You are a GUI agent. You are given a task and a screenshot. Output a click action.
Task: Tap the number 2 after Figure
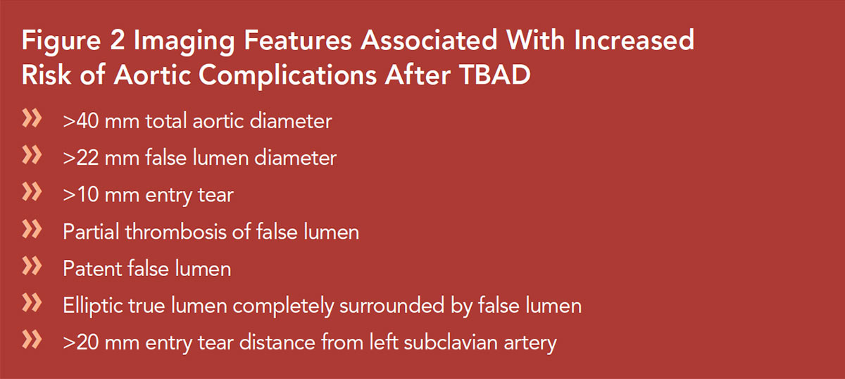pos(118,40)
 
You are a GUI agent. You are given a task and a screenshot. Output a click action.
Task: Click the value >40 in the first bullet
pos(81,121)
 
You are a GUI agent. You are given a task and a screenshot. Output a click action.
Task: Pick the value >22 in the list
pos(81,158)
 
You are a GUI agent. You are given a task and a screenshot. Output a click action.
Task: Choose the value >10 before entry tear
pos(81,195)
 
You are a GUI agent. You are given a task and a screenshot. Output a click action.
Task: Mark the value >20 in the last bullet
pos(81,342)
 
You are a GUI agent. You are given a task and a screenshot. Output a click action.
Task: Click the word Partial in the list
pos(92,231)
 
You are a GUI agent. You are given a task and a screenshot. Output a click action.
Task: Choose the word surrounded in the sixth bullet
pos(392,306)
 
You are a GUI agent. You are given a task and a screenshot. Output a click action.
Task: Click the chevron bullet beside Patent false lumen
pos(32,266)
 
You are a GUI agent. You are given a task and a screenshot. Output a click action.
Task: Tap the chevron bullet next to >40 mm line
pos(32,118)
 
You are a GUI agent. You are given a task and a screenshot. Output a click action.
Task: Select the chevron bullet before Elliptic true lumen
pos(32,303)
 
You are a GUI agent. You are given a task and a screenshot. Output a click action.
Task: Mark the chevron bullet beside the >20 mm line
pos(32,340)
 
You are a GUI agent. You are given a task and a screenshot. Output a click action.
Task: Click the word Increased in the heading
pos(634,40)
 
